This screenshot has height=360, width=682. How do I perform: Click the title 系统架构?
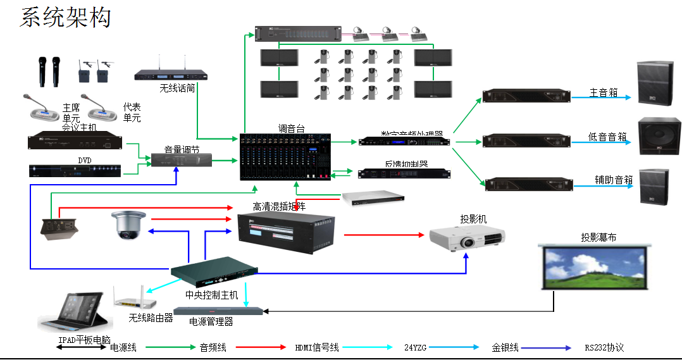click(x=65, y=17)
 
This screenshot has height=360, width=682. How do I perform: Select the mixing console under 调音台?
click(x=286, y=157)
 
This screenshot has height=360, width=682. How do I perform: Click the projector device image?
click(x=467, y=238)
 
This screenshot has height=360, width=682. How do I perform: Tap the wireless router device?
click(x=134, y=297)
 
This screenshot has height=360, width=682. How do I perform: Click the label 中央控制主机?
click(x=211, y=295)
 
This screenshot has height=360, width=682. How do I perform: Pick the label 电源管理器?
click(x=211, y=322)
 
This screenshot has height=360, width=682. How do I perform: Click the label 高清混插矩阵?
click(x=279, y=206)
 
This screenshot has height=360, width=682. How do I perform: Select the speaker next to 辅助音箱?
click(x=654, y=187)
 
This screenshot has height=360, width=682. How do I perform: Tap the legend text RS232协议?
click(x=604, y=347)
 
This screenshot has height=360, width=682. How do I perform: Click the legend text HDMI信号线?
click(x=317, y=347)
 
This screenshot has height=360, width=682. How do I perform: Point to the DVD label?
click(x=85, y=161)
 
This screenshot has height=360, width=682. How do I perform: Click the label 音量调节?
click(x=182, y=150)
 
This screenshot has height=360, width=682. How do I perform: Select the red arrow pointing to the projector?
click(x=383, y=235)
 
